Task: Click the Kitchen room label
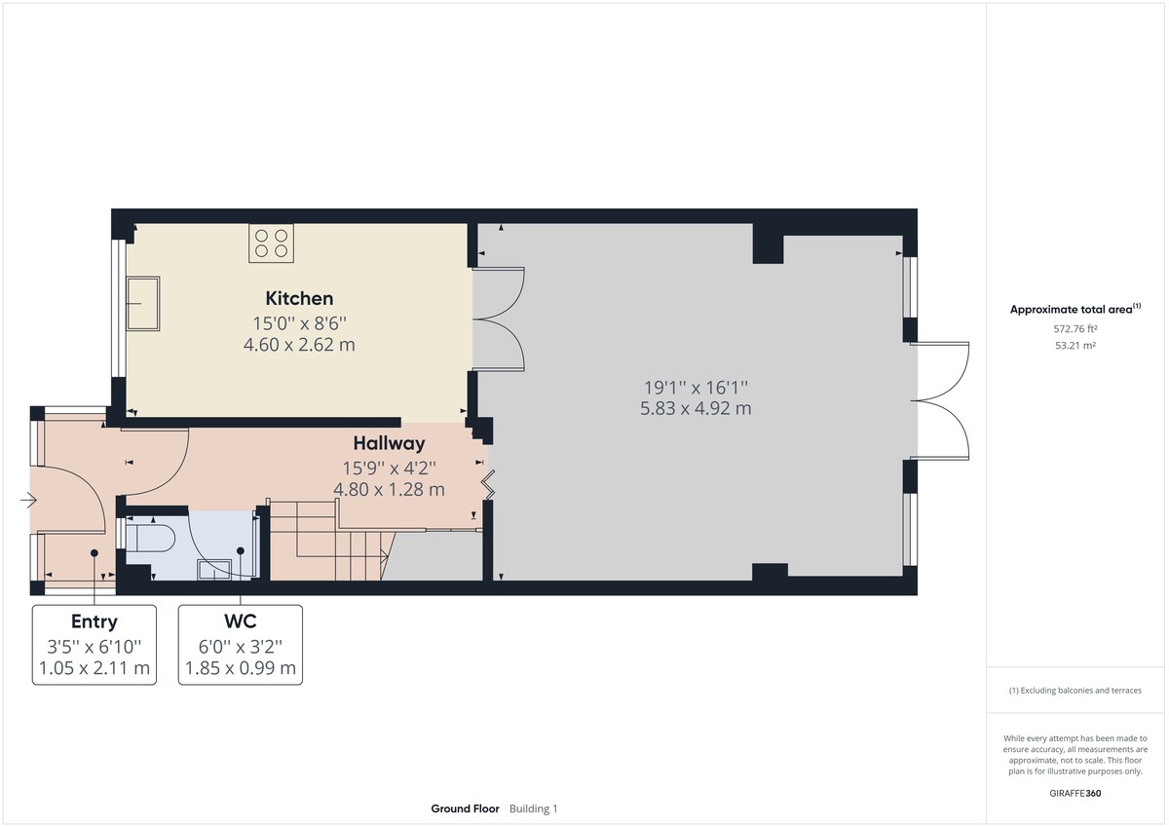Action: (299, 298)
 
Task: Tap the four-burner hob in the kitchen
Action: (271, 244)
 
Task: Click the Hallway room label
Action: (389, 443)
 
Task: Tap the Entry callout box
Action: (94, 645)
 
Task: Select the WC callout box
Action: (240, 645)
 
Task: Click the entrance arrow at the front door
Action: (28, 501)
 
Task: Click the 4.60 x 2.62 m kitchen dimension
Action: (299, 344)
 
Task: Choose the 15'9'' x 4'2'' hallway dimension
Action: (389, 467)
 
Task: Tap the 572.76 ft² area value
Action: (1075, 329)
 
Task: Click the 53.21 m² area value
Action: (1075, 346)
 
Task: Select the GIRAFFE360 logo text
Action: (1075, 793)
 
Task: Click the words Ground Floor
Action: (465, 808)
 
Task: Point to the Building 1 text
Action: (534, 808)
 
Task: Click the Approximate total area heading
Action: (1071, 310)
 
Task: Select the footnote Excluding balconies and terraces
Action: (1075, 691)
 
